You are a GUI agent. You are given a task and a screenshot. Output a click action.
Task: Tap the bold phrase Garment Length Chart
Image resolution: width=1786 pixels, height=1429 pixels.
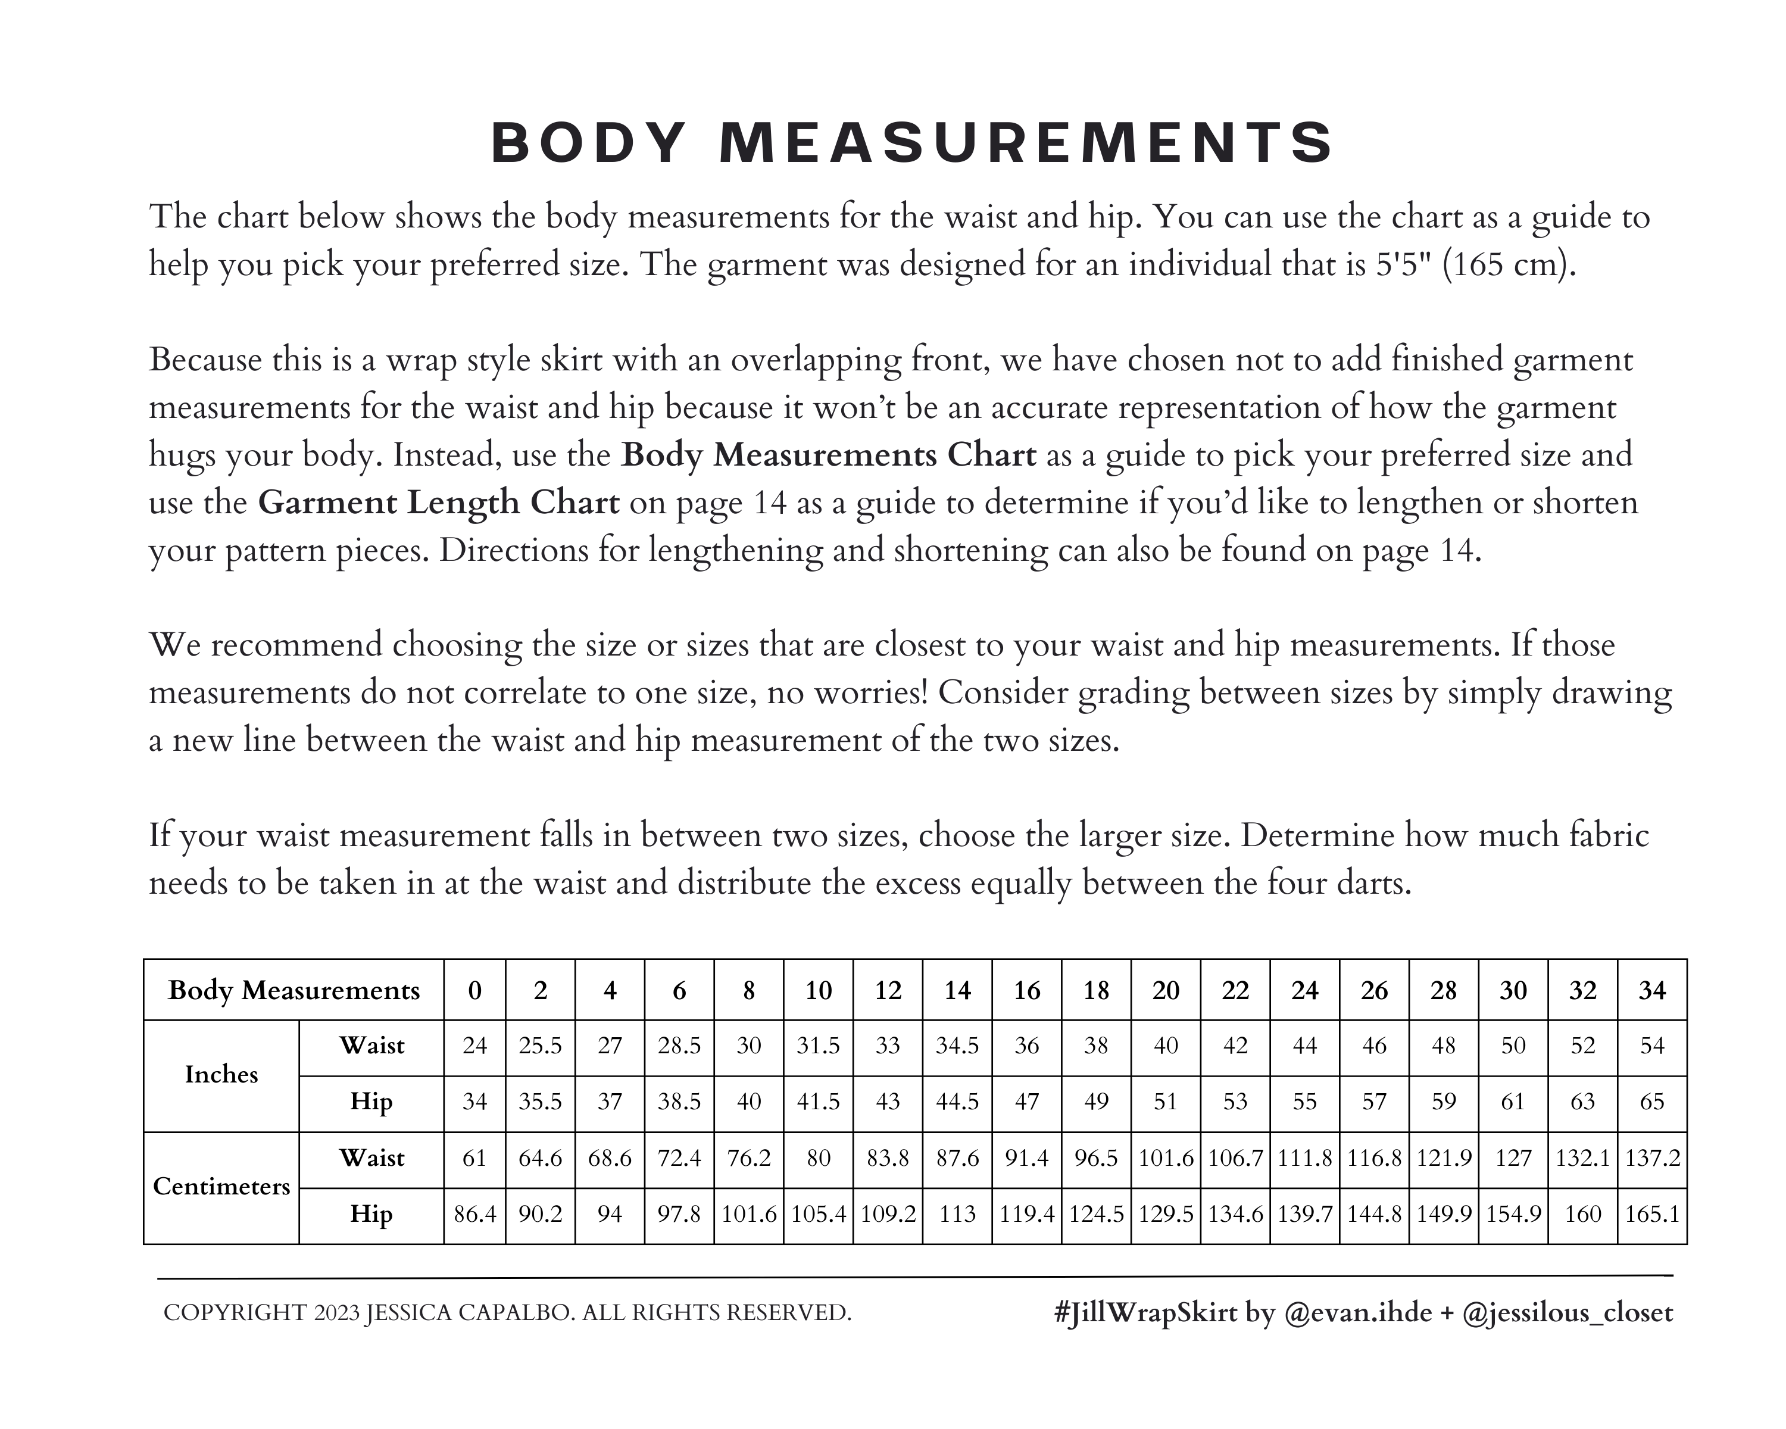click(438, 503)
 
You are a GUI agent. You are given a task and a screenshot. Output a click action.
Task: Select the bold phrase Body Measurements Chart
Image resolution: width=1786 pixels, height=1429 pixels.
click(828, 455)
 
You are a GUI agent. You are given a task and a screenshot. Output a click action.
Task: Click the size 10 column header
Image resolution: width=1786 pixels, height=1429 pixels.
click(819, 990)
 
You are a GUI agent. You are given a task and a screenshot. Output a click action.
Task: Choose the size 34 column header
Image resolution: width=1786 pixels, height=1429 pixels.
click(1652, 990)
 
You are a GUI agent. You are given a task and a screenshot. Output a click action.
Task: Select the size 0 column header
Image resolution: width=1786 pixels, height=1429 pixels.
click(474, 990)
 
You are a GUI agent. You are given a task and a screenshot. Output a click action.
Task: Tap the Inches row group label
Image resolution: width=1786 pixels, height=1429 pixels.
click(221, 1075)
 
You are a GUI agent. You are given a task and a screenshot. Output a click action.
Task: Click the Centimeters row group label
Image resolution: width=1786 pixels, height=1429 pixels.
click(221, 1186)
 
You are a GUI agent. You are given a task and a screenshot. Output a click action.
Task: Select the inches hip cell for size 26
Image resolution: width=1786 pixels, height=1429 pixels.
click(1374, 1102)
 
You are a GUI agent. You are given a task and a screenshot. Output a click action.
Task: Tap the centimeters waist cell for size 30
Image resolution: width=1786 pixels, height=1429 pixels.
click(1513, 1157)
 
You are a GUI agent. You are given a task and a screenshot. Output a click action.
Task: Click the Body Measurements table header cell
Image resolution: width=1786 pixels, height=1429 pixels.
click(293, 990)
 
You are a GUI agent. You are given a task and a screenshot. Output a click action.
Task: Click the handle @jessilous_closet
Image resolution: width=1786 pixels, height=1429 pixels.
click(1568, 1313)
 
